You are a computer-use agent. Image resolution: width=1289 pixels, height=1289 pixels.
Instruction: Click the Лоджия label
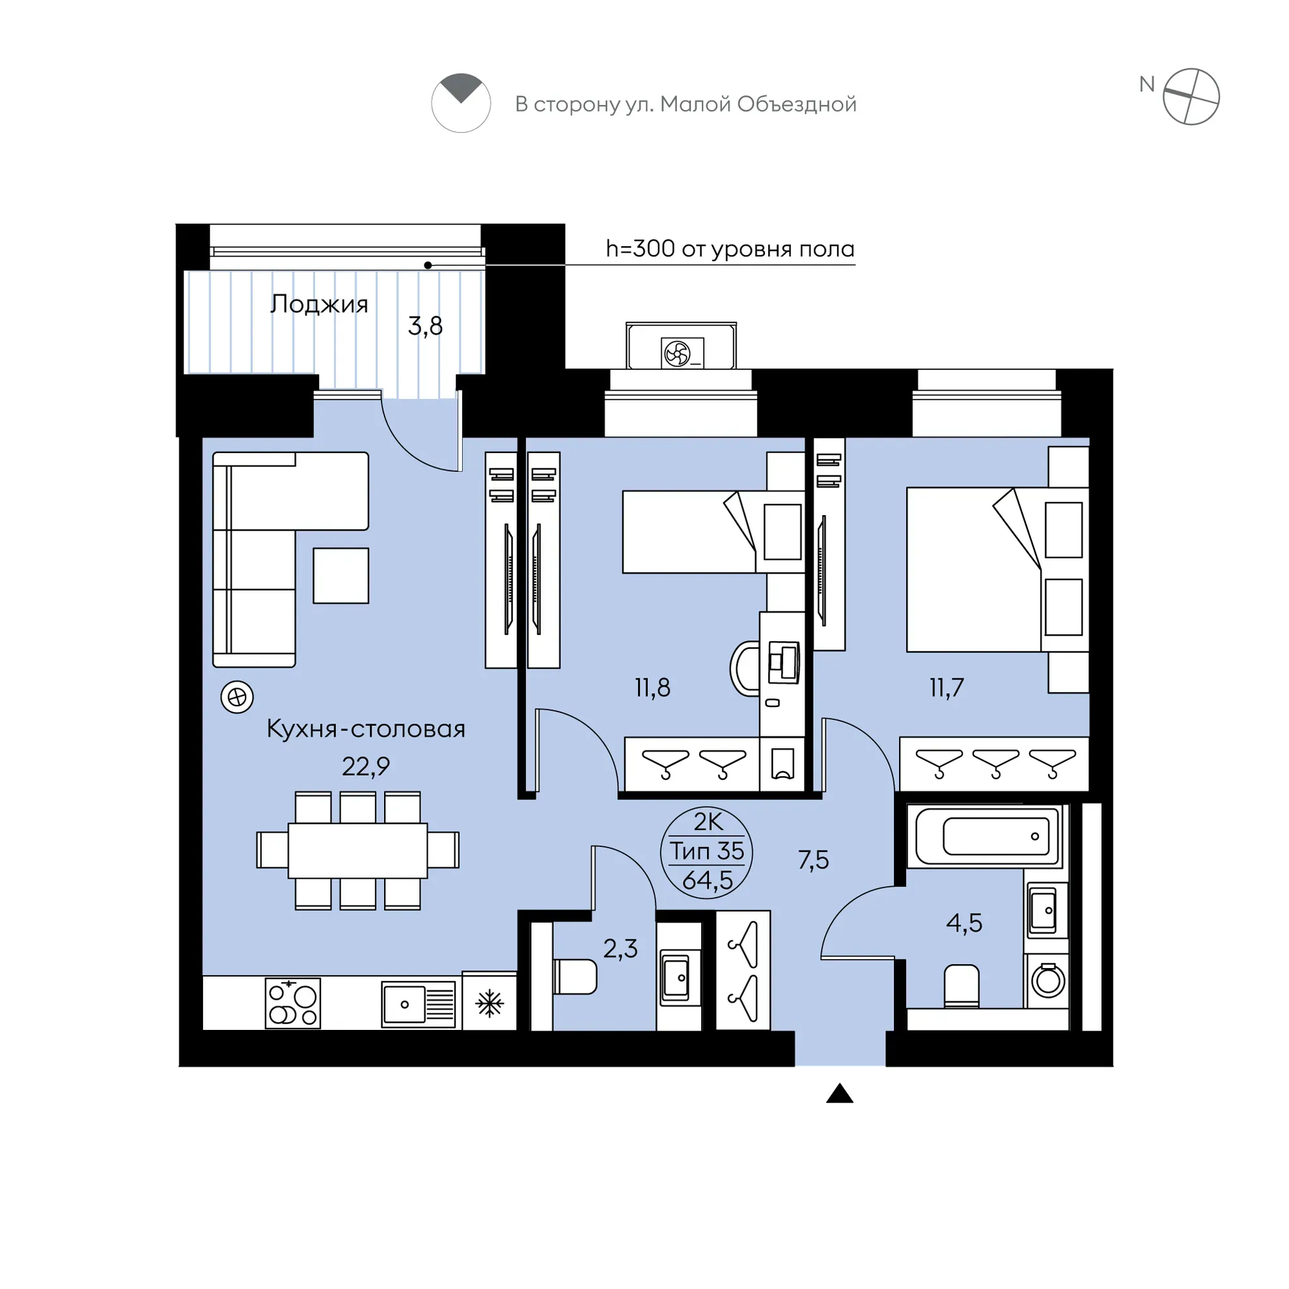tap(319, 304)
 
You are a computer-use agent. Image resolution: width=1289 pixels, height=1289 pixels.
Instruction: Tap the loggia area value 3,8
tap(426, 326)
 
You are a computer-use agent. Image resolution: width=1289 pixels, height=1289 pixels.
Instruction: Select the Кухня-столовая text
tap(366, 728)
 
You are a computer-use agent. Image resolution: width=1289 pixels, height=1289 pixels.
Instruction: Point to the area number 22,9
tap(366, 767)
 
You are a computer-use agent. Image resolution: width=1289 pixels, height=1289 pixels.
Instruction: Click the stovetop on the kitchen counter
tap(293, 1003)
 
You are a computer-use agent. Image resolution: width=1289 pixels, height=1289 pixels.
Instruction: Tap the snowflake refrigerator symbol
tap(489, 1003)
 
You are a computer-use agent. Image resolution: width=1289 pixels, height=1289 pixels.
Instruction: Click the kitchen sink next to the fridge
tap(419, 1003)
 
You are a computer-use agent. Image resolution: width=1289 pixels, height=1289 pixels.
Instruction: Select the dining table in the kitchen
tap(357, 851)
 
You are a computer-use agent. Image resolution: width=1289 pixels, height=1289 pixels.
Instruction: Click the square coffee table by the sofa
tap(341, 575)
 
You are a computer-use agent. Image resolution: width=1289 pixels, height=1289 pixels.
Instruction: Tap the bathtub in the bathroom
tap(989, 837)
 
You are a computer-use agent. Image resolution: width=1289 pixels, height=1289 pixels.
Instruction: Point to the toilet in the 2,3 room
tap(574, 977)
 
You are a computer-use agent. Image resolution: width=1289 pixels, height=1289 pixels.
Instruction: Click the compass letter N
tap(1147, 85)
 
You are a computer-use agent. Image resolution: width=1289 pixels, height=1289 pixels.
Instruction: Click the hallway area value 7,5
tap(813, 860)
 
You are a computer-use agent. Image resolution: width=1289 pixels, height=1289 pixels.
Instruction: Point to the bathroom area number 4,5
tap(964, 923)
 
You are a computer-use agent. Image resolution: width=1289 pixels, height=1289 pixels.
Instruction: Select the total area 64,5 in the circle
tap(707, 881)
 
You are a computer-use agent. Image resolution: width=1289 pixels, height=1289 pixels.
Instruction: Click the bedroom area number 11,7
tap(947, 687)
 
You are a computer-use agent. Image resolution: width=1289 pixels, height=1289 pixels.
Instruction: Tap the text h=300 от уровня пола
tap(730, 249)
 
